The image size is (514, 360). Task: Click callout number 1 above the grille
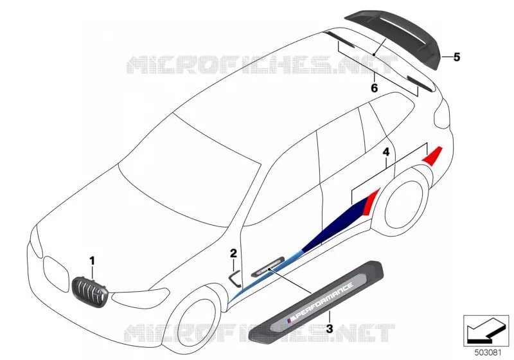(92, 261)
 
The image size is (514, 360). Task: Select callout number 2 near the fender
(233, 253)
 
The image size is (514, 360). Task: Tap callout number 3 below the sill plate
(330, 328)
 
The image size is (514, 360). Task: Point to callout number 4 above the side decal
(386, 152)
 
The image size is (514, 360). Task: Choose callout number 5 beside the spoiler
(457, 57)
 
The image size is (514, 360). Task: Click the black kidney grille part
(90, 291)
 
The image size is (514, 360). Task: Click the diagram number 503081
(488, 353)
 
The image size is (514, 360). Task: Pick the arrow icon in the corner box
(486, 330)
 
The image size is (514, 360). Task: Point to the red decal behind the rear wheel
(432, 156)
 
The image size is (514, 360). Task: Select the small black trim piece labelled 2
(235, 278)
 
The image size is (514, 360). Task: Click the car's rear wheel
(405, 203)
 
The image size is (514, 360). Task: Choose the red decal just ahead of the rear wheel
(373, 201)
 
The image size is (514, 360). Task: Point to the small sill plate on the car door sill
(267, 265)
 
